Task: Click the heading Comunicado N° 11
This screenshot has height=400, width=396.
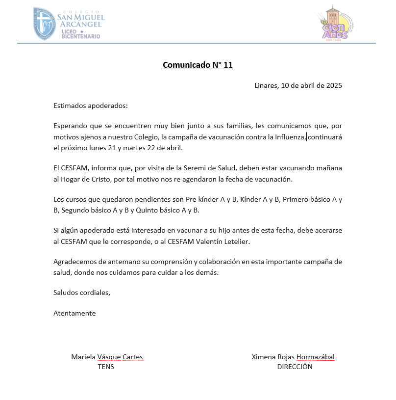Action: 198,65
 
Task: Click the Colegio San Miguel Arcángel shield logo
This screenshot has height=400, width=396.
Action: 45,24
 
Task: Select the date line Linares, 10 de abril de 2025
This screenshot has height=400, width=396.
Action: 298,85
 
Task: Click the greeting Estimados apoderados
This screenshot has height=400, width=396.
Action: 90,106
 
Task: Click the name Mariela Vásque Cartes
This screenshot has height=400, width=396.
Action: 107,357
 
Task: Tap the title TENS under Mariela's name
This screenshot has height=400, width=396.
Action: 106,366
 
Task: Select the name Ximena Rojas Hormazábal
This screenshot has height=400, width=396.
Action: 293,357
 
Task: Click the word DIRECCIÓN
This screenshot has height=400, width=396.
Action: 295,366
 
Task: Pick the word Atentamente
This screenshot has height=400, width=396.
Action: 74,313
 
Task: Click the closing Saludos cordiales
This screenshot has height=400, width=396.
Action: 82,293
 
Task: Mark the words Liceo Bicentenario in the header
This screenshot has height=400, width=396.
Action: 81,33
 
